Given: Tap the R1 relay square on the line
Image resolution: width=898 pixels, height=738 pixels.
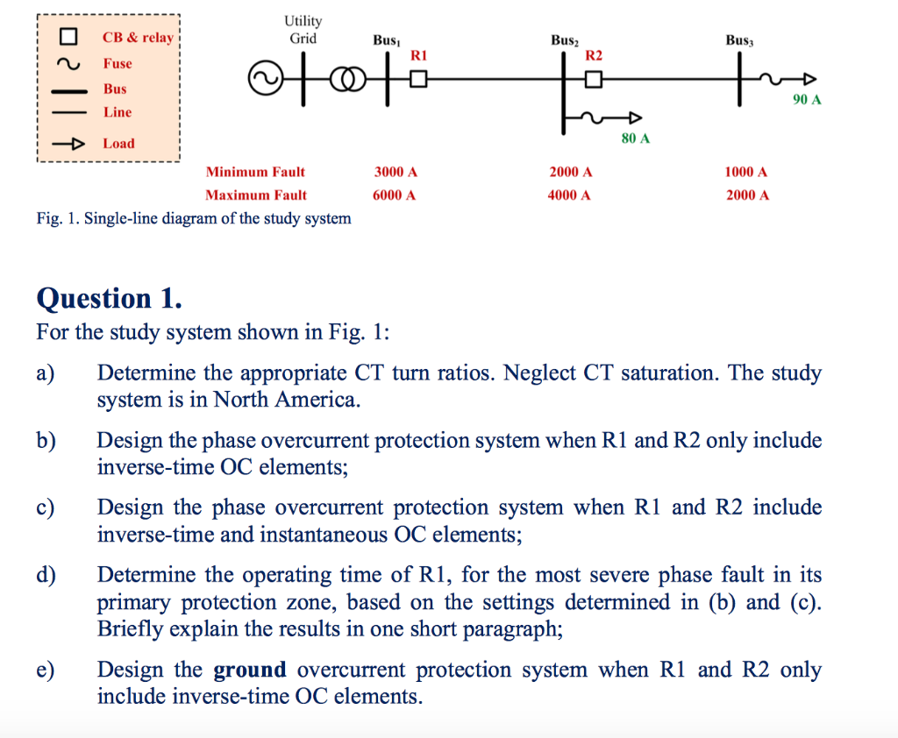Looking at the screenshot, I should click(x=417, y=81).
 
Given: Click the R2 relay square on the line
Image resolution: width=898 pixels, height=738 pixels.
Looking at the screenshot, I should click(x=594, y=81).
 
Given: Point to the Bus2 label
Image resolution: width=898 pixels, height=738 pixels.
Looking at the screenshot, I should click(x=565, y=40).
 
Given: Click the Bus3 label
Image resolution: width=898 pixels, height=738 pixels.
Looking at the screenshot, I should click(x=740, y=40).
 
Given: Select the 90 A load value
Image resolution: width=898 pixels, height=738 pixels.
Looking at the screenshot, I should click(x=807, y=100).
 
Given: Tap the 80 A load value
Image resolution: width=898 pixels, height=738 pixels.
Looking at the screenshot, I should click(x=635, y=138).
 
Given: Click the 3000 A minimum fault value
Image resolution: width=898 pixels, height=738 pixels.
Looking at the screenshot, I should click(x=395, y=173).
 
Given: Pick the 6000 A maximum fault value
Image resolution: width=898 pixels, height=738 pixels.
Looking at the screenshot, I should click(x=395, y=195).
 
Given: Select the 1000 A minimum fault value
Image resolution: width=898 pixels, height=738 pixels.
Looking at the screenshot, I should click(x=746, y=173).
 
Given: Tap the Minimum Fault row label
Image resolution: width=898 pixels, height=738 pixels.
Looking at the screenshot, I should click(x=255, y=173).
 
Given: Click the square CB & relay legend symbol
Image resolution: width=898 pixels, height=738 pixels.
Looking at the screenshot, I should click(x=68, y=38).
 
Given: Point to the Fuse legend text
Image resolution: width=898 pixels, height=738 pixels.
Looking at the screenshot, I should click(x=118, y=63).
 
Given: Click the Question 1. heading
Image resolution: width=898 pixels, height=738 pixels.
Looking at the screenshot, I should click(x=110, y=298).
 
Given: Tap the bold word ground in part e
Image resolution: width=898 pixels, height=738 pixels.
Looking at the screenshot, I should click(x=250, y=671).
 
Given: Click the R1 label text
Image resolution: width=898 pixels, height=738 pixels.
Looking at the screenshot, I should click(x=418, y=54).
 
